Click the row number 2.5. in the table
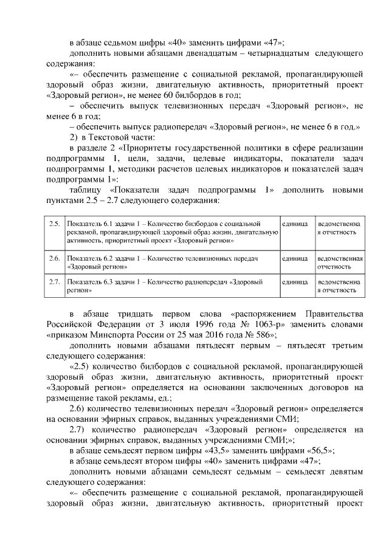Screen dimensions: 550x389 (x=54, y=225)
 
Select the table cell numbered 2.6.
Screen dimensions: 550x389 (x=54, y=258)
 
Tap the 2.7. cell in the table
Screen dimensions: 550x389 (x=54, y=283)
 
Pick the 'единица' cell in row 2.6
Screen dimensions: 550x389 (x=295, y=258)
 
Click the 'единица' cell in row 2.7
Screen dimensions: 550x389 (x=295, y=283)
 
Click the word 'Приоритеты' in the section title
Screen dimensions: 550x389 (x=143, y=148)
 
